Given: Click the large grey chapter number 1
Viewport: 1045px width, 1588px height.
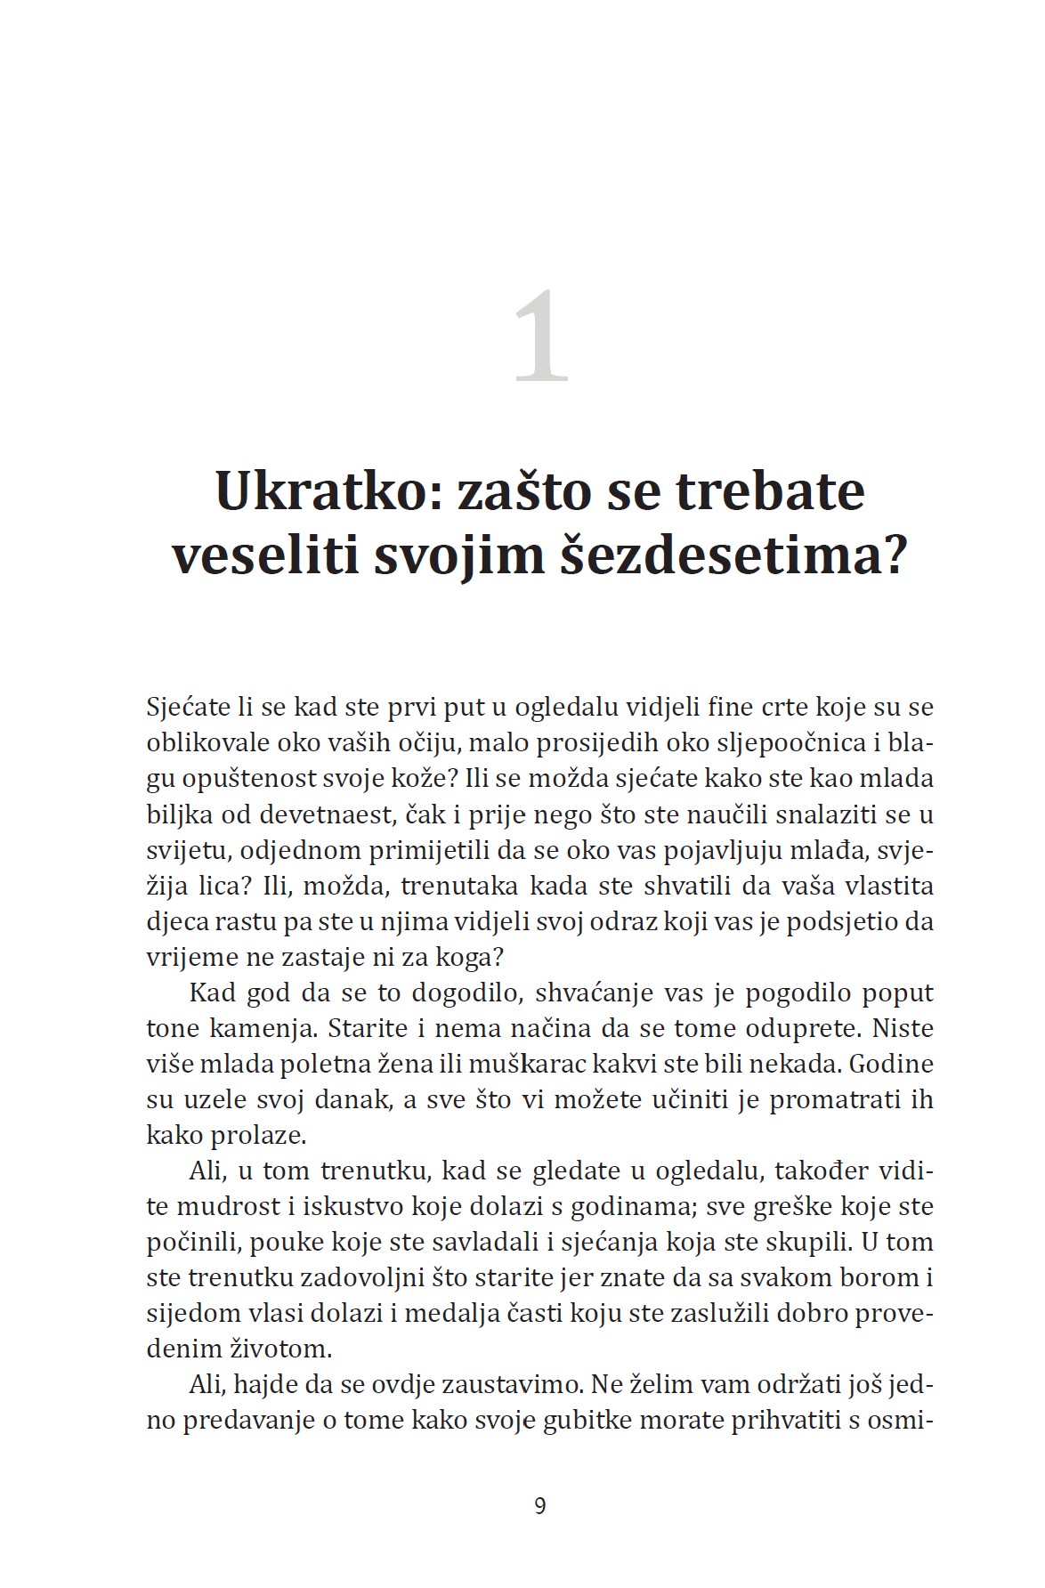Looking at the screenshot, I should tap(540, 337).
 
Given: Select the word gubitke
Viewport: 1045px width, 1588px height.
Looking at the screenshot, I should tap(587, 1421).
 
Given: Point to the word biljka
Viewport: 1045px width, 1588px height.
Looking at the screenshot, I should tap(178, 814).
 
